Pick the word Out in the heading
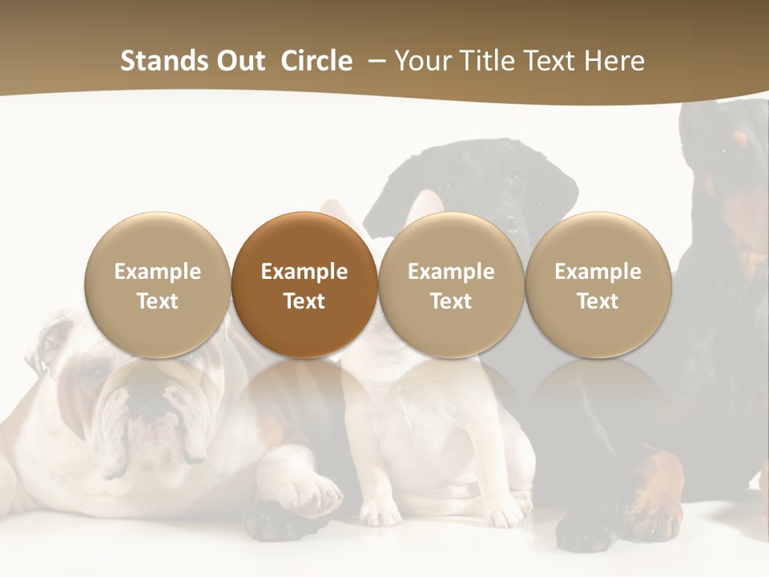239,61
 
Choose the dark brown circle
304,284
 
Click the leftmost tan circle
158,284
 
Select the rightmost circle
598,284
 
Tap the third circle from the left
451,284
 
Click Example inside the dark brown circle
304,272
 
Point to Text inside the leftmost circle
158,301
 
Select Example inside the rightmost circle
598,272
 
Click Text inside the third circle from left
451,301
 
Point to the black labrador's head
481,180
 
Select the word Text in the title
553,61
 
